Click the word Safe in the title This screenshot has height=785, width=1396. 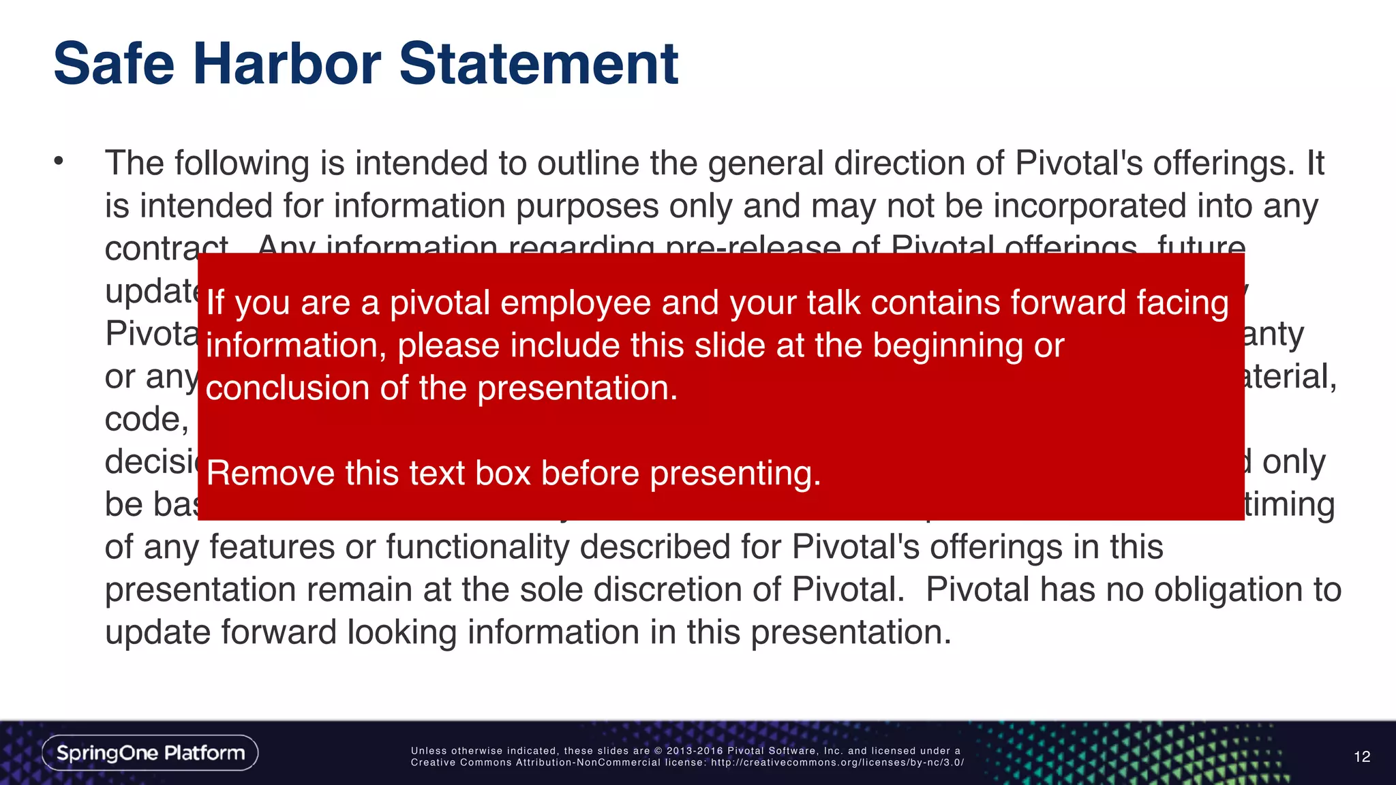(x=115, y=64)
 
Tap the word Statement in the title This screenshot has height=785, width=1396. (x=538, y=64)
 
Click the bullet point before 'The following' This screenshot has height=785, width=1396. (x=59, y=161)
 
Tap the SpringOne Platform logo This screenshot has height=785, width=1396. (x=150, y=753)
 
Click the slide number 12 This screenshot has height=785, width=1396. (x=1361, y=756)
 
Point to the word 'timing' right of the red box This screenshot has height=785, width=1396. (x=1289, y=505)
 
